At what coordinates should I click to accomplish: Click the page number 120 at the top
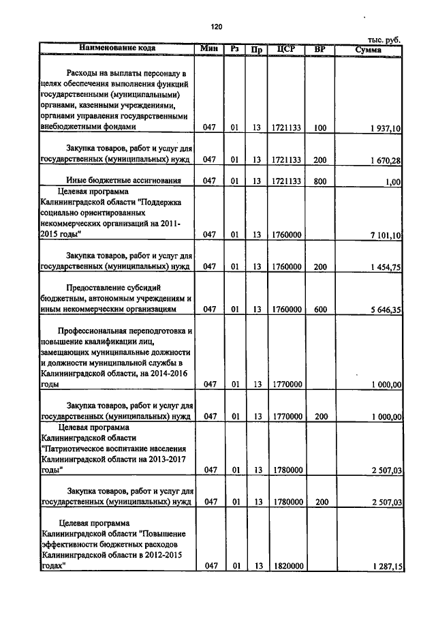pyautogui.click(x=217, y=27)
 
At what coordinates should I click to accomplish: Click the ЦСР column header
pyautogui.click(x=285, y=49)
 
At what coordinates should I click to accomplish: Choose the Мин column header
pyautogui.click(x=208, y=48)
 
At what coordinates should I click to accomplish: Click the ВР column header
pyautogui.click(x=320, y=49)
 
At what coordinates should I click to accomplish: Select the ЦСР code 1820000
pyautogui.click(x=286, y=566)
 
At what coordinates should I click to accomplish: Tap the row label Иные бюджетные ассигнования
pyautogui.click(x=123, y=181)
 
